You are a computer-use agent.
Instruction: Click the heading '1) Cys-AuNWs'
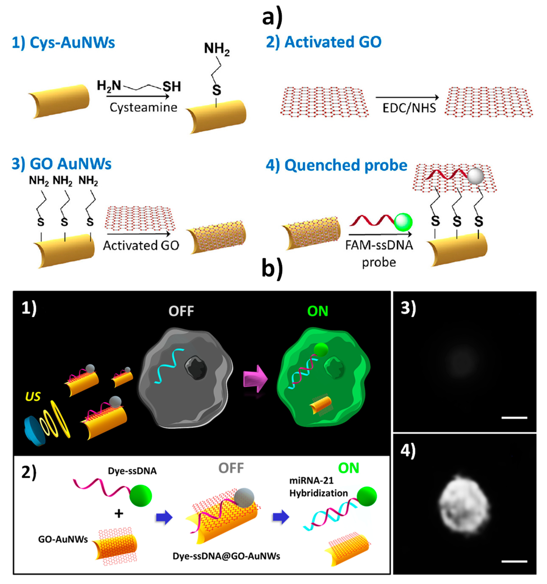click(63, 43)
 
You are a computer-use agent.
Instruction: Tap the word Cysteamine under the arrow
click(143, 108)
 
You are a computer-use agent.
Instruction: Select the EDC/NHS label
click(409, 108)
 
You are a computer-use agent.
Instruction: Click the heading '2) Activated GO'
click(324, 42)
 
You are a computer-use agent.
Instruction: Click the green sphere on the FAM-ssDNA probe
click(403, 222)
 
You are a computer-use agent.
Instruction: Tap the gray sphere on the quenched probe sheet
click(475, 176)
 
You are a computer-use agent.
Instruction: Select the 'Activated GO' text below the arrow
click(141, 246)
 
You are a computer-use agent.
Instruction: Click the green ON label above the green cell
click(318, 311)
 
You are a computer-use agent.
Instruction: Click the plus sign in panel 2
click(119, 513)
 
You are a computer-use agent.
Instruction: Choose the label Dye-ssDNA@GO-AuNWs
click(226, 556)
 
